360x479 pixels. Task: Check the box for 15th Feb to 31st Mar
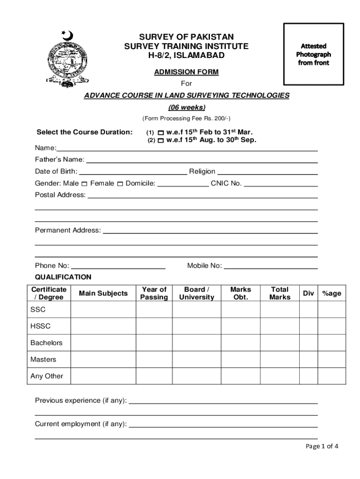[161, 132]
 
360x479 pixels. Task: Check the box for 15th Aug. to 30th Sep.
[161, 140]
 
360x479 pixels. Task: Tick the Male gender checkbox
[84, 184]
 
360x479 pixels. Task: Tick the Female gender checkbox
[120, 184]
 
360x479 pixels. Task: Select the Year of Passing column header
[154, 293]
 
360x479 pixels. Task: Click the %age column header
[331, 293]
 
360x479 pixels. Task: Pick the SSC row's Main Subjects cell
[103, 310]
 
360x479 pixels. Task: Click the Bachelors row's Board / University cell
[197, 343]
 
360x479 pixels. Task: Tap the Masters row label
[43, 360]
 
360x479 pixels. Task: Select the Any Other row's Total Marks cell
[280, 376]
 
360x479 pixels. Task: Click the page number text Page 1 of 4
[322, 446]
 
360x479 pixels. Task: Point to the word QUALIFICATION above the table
[63, 277]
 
